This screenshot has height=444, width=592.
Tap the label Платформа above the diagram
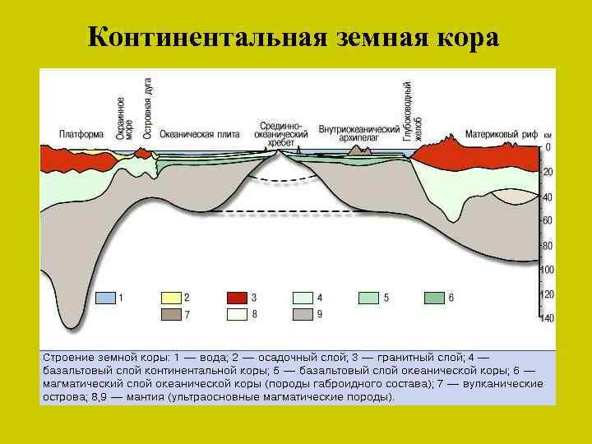[81, 133]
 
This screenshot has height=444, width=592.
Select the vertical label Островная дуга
[148, 108]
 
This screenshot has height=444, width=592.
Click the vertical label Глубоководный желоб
[412, 111]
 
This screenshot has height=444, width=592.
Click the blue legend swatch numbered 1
[104, 297]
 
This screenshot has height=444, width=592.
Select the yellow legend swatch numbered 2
[171, 297]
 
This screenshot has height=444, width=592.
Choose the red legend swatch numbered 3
[238, 297]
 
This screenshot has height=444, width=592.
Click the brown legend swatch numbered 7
[171, 314]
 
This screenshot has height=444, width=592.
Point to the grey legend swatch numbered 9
[304, 314]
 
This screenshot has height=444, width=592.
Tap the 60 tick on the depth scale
[547, 220]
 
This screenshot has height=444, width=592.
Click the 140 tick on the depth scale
[547, 318]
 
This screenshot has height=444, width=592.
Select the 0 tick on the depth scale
[548, 147]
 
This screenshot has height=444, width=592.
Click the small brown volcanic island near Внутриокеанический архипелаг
[358, 150]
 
